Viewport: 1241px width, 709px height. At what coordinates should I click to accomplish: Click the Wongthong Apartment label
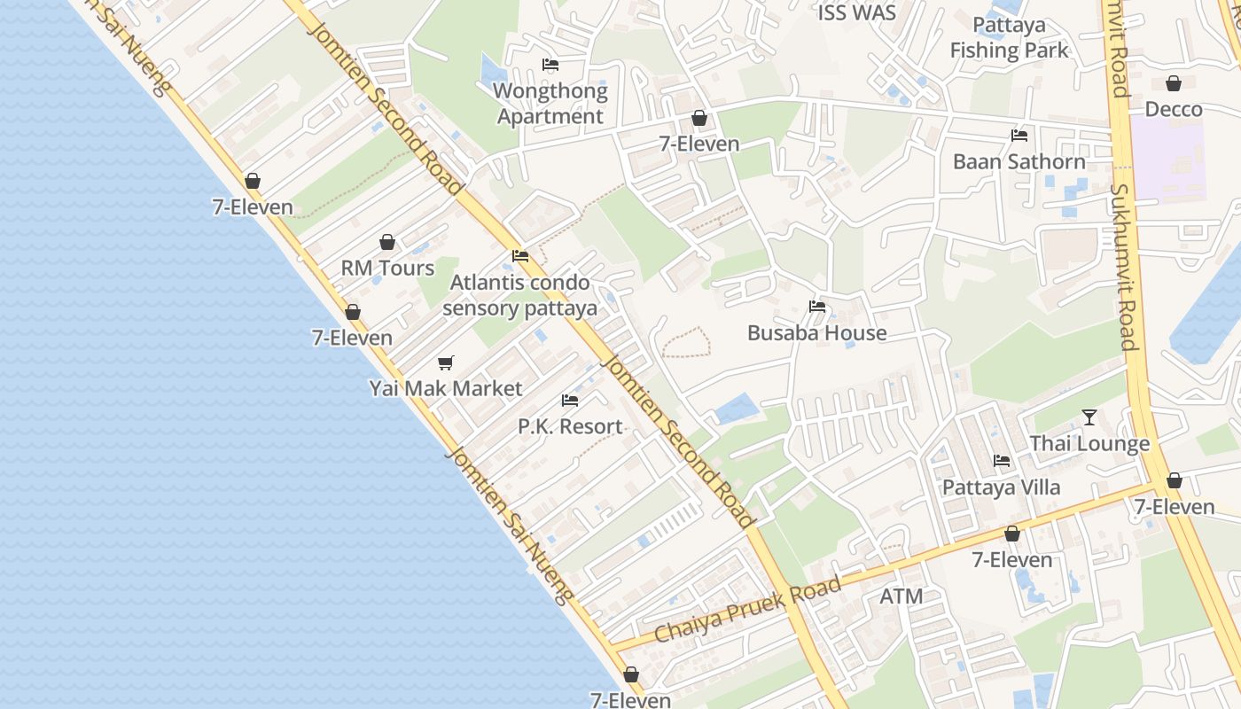[550, 104]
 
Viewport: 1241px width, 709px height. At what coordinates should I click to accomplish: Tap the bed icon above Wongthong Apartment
[550, 65]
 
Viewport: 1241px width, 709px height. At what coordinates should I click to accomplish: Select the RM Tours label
[387, 268]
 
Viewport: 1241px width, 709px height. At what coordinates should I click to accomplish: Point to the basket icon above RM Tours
[387, 242]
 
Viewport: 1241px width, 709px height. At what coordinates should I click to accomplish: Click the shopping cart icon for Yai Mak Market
[446, 362]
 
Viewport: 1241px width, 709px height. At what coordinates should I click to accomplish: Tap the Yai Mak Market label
[446, 388]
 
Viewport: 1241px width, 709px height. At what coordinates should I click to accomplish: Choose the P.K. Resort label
[570, 426]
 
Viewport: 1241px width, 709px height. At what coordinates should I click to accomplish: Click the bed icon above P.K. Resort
[570, 401]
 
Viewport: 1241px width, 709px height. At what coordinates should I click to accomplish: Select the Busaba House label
[816, 333]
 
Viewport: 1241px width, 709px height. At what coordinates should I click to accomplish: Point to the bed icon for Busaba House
[817, 308]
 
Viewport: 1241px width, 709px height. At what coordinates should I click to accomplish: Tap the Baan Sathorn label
[1019, 161]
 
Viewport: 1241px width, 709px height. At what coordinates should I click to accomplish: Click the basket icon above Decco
[1174, 83]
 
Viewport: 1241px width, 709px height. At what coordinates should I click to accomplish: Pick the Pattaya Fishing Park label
[1010, 38]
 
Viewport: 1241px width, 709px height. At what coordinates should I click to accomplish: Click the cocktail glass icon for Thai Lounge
[1089, 417]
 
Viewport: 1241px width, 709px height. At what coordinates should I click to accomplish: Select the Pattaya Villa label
[1001, 487]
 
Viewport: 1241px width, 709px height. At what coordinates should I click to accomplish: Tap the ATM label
[901, 596]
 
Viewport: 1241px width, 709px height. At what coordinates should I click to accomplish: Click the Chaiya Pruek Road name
[747, 611]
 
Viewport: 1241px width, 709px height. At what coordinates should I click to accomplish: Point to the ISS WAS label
[856, 13]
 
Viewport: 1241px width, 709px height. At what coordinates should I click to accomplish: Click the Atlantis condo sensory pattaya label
[519, 295]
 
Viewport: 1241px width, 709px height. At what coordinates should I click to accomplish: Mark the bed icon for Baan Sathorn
[1019, 136]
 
